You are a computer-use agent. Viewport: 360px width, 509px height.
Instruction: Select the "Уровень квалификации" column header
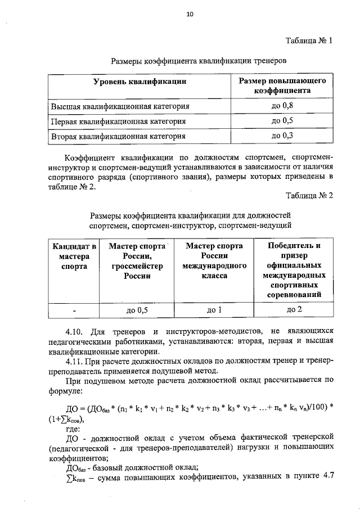click(139, 82)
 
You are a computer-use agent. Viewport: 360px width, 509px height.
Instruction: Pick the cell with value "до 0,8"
click(282, 106)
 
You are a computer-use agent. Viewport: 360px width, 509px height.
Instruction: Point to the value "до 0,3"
click(282, 136)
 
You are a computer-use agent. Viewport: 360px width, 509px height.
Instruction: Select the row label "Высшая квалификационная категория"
click(120, 106)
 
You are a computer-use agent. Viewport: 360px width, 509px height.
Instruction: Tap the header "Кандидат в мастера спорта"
click(74, 256)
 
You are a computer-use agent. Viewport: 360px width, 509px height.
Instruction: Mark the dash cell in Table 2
click(74, 309)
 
